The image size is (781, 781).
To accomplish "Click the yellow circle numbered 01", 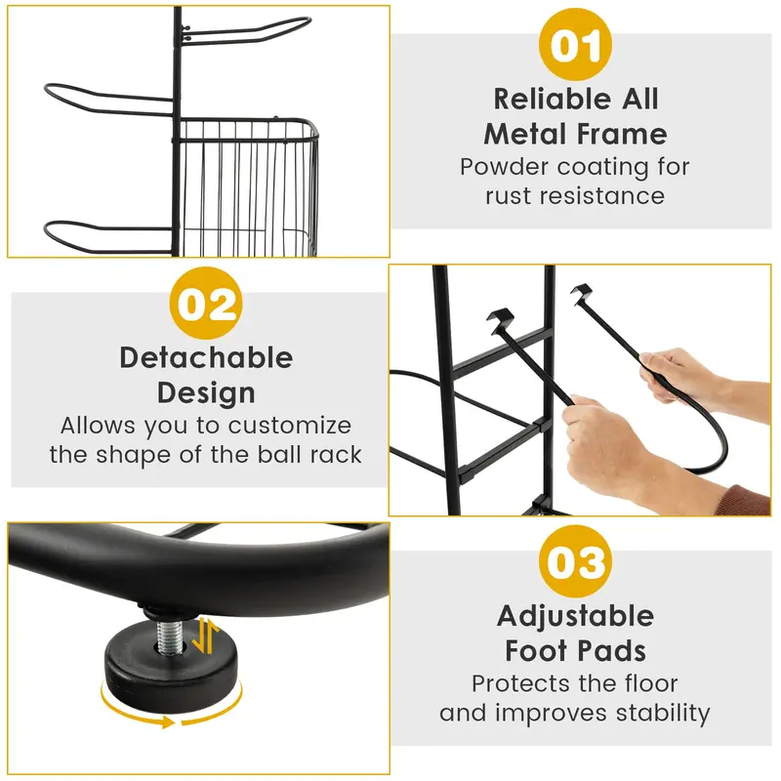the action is [x=575, y=44].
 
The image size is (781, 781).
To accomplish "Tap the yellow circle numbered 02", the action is [x=206, y=303].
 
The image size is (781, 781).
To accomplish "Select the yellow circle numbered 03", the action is [x=575, y=561].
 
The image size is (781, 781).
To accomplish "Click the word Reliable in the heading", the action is [x=551, y=99].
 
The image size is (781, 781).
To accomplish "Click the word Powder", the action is [x=504, y=167].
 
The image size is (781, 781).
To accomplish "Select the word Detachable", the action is [x=206, y=357].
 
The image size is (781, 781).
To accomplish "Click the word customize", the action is [x=289, y=426].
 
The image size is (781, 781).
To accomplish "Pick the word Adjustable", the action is [x=575, y=616].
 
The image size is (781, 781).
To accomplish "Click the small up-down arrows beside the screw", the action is [x=206, y=636].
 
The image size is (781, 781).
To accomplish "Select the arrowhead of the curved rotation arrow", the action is [x=167, y=721].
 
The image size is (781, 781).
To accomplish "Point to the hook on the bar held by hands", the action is [x=582, y=292].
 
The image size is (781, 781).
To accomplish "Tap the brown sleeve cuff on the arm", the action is [x=743, y=500].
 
